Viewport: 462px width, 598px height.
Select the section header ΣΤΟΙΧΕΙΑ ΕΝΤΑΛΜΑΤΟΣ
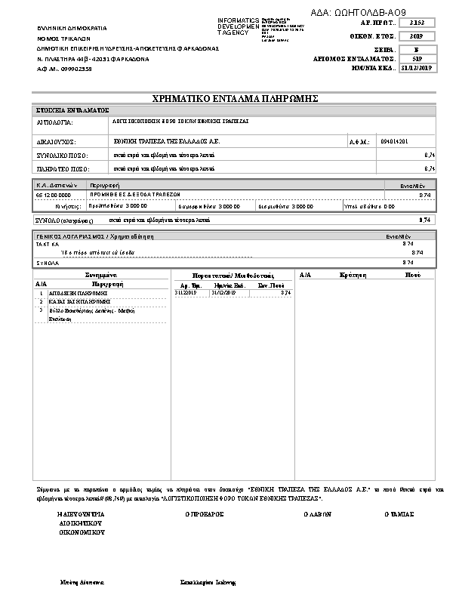[x=73, y=110]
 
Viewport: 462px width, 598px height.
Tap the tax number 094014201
[x=395, y=141]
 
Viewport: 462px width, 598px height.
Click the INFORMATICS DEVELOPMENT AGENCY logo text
[x=238, y=26]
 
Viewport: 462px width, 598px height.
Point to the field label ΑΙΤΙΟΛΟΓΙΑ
[x=54, y=121]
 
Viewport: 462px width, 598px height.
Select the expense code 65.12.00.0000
[x=52, y=194]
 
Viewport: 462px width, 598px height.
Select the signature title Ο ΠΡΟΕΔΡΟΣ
[x=205, y=513]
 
